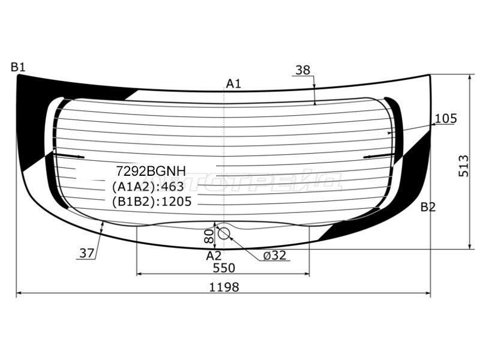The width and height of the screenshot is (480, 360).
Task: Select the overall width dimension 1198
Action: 224,287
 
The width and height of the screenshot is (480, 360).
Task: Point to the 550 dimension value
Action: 223,268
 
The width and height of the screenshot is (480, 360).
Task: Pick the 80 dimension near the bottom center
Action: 209,236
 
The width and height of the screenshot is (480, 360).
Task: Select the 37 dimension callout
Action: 86,253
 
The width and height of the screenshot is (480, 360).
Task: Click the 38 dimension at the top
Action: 303,70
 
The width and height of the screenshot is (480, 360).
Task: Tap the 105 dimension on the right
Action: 445,119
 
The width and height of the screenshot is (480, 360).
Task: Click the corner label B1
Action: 18,67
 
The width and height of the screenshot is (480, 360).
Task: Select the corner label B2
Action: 428,208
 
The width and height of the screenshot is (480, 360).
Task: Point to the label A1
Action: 233,83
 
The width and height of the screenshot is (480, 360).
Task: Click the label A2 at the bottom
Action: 214,256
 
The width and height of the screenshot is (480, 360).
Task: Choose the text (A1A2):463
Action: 148,187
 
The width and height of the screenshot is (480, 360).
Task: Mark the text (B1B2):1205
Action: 151,202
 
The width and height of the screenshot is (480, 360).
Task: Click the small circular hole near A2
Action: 223,233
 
